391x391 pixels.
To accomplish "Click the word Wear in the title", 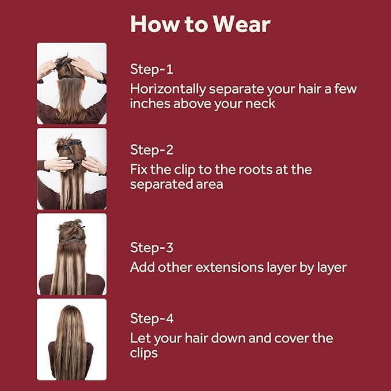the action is (241, 24).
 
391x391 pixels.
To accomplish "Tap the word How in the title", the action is (154, 24).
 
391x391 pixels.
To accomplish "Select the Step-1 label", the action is (151, 69).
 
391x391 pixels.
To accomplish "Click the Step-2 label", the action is (151, 150).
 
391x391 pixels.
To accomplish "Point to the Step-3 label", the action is (151, 248).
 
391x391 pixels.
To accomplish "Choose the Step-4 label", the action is (151, 318).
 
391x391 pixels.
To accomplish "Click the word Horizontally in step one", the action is (168, 89).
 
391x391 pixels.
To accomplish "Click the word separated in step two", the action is (161, 185).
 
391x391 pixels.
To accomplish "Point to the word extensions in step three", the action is (229, 267).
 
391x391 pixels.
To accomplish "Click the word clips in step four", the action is (144, 353).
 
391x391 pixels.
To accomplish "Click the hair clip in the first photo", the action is (61, 62).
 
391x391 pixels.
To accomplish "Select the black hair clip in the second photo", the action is (71, 143).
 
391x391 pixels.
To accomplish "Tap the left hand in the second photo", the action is (59, 165).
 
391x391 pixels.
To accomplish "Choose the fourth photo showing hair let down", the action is (71, 339).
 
